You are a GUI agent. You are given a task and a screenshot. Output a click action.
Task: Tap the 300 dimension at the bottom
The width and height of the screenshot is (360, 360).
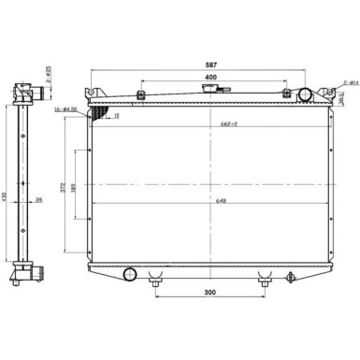click(211, 293)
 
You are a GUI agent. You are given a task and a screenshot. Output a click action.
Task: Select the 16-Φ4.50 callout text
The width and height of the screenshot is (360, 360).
click(74, 109)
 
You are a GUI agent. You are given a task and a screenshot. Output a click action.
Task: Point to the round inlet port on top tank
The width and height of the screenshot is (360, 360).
click(304, 94)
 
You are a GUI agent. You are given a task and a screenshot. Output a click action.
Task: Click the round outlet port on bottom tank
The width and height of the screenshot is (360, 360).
click(130, 273)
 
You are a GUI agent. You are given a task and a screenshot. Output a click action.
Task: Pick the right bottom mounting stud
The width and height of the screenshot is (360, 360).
click(266, 278)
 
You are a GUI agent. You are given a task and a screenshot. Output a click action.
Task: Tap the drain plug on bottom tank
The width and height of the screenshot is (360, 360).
click(291, 277)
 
